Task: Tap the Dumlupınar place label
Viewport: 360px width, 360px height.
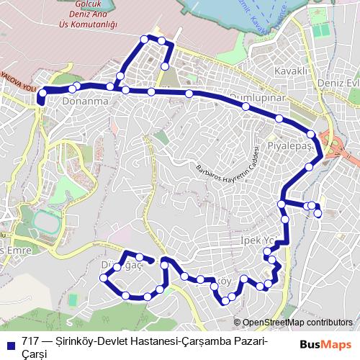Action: (x=257, y=97)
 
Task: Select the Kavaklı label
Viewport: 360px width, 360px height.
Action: (x=291, y=71)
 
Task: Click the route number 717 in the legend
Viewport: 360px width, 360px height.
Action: (x=30, y=341)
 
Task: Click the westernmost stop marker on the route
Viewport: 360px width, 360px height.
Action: (x=42, y=93)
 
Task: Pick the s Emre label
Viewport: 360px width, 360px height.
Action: (x=16, y=249)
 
